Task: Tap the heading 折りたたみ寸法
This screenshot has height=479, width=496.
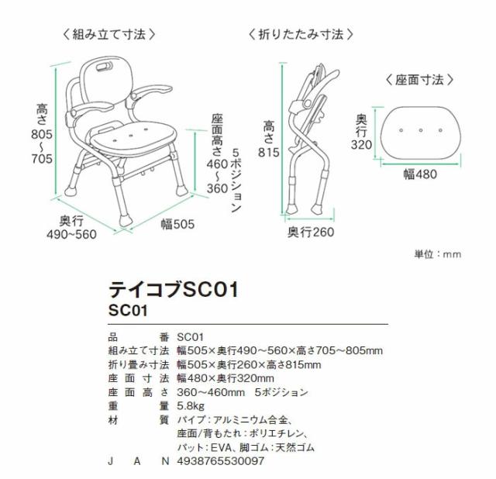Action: pos(301,35)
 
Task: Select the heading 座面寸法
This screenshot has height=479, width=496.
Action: pos(419,80)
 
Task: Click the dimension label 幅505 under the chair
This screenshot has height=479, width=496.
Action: pos(177,224)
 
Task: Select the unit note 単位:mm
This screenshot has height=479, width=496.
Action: pos(439,253)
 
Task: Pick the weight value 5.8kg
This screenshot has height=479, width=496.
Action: pos(191,405)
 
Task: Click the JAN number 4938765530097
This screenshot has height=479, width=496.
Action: pos(221,461)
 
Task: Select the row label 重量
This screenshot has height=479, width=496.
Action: pos(136,405)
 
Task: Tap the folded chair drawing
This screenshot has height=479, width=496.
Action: pos(310,140)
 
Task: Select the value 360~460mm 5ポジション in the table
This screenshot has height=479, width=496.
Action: pos(243,391)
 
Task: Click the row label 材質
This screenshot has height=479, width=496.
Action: pos(136,419)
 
